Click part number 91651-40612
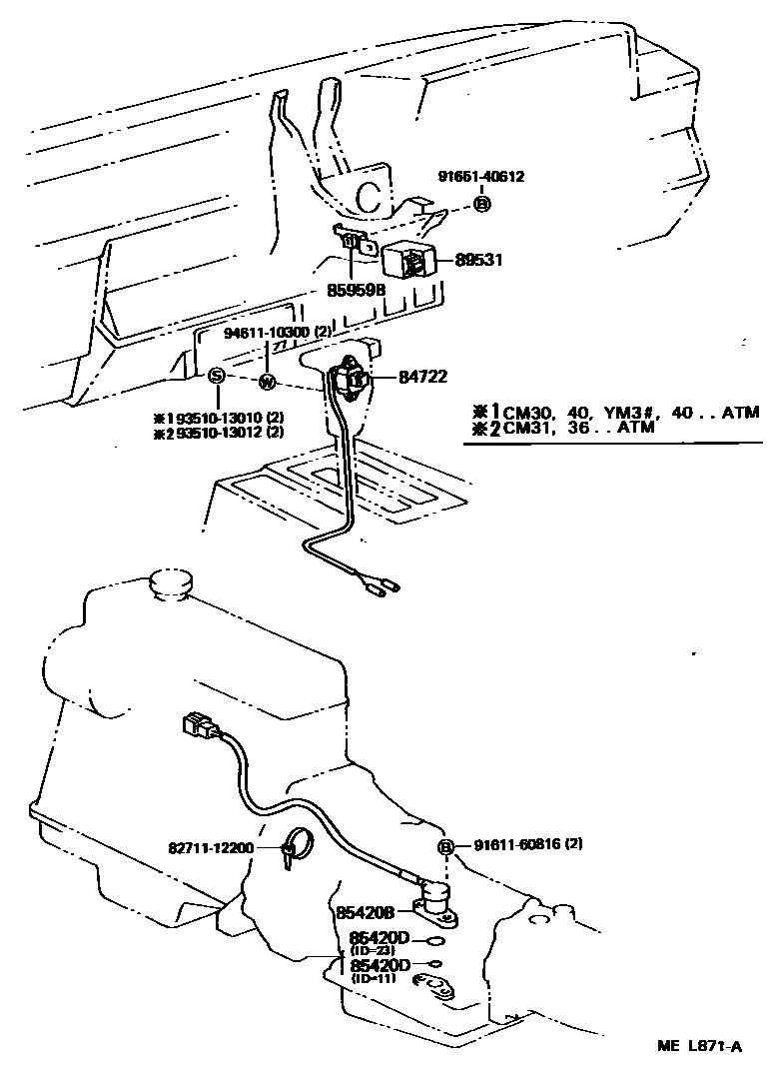(480, 177)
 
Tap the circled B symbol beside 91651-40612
(482, 204)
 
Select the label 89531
(478, 260)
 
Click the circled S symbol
(215, 377)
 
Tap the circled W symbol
(267, 381)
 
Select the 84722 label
(422, 377)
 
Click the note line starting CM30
(619, 411)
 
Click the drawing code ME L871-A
(699, 1046)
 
